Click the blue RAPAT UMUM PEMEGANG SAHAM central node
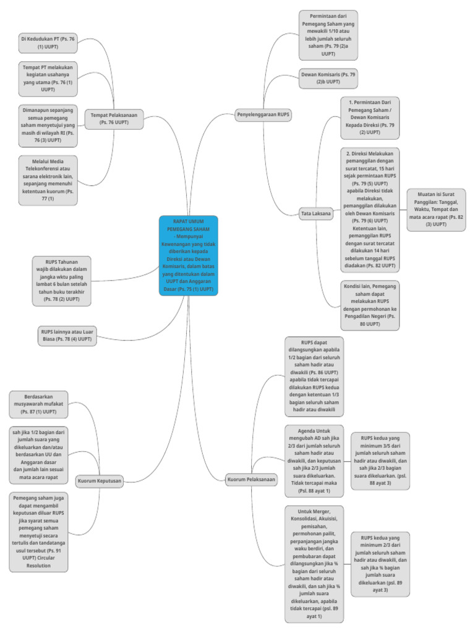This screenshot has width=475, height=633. (188, 255)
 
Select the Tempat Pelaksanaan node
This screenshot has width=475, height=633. (114, 118)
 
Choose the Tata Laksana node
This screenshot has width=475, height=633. (316, 214)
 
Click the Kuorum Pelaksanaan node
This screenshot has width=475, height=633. (251, 480)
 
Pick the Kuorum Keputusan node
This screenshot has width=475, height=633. (100, 480)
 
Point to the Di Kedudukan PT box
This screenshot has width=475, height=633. (48, 42)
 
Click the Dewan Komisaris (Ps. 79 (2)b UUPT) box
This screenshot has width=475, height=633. (328, 78)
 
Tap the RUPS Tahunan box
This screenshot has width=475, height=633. (62, 281)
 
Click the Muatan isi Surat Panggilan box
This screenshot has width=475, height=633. (436, 210)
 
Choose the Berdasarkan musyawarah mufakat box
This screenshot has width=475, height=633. (39, 404)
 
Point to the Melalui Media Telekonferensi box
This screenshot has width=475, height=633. (48, 180)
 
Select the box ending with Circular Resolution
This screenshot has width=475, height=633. (39, 532)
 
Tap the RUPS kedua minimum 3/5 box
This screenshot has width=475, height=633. (380, 461)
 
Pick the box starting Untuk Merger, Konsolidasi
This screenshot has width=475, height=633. (314, 563)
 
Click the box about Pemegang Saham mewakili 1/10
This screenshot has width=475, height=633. (328, 35)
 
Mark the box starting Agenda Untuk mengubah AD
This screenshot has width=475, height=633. (314, 461)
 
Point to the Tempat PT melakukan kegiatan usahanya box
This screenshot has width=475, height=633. (48, 79)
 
